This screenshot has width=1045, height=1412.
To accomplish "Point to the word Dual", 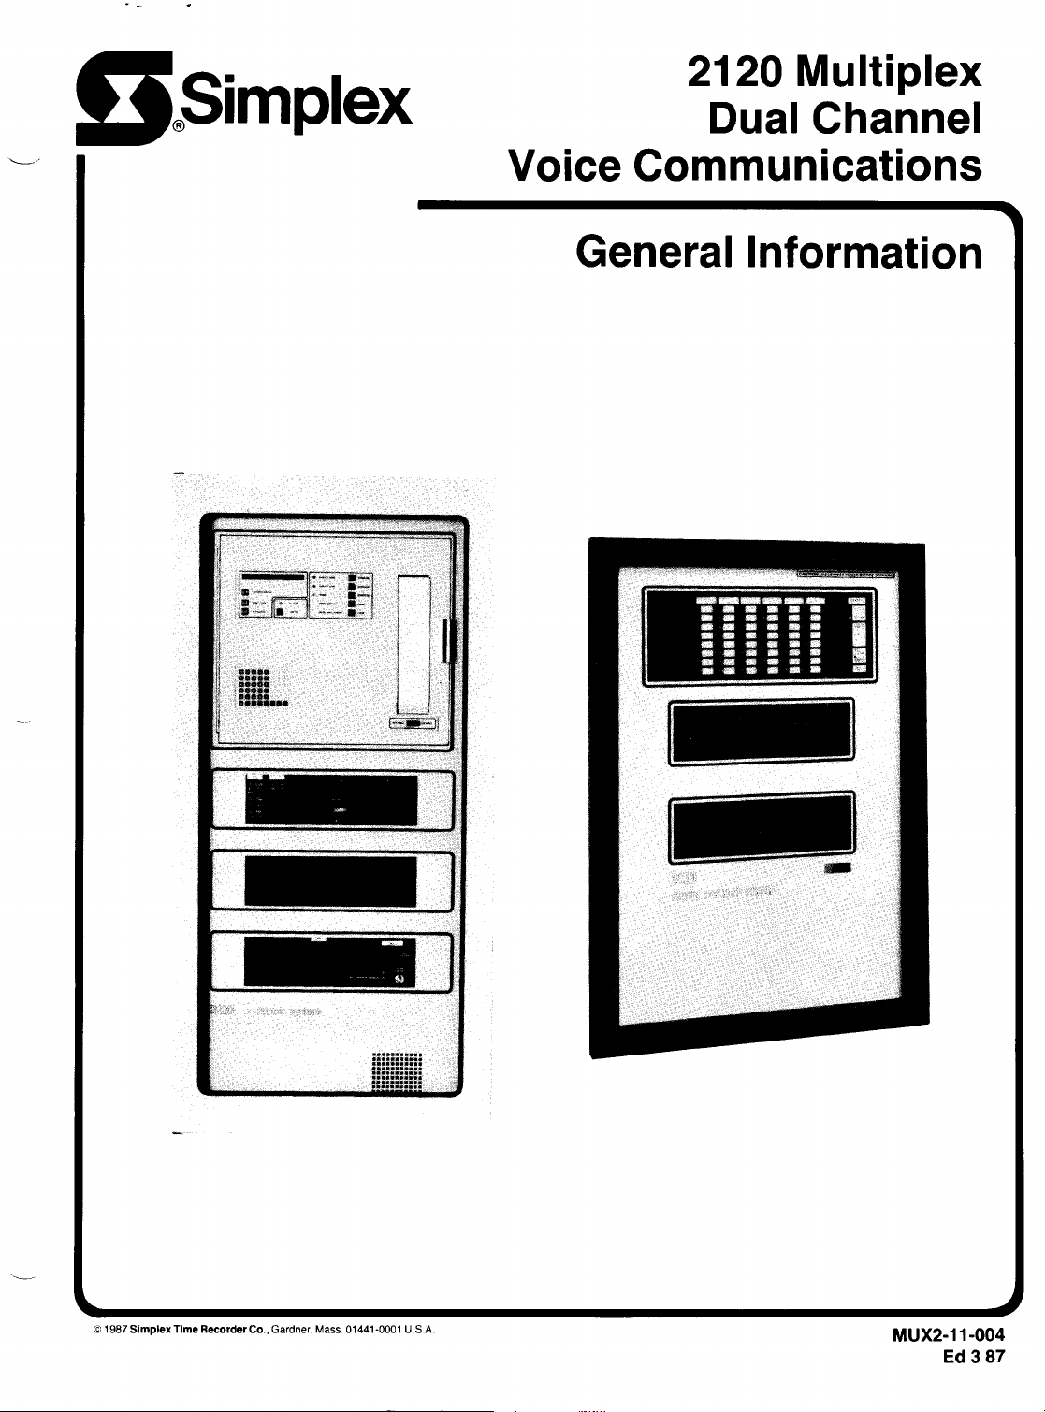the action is coord(754,119).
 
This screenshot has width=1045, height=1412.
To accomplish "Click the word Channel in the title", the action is coord(896,119).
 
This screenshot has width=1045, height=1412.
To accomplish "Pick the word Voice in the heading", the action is coord(564,166).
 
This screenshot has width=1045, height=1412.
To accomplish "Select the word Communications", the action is coord(807,166).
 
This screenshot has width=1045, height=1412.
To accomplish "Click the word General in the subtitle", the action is coord(654,252).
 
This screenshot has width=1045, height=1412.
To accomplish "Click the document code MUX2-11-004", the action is coord(949,1335).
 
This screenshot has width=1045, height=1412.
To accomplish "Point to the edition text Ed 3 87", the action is coord(974,1357).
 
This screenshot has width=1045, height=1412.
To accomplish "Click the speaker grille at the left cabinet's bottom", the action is coord(397,1072).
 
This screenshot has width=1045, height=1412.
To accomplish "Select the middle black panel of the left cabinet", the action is coord(330,881).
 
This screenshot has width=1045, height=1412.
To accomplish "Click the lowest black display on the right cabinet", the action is coord(761,827).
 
